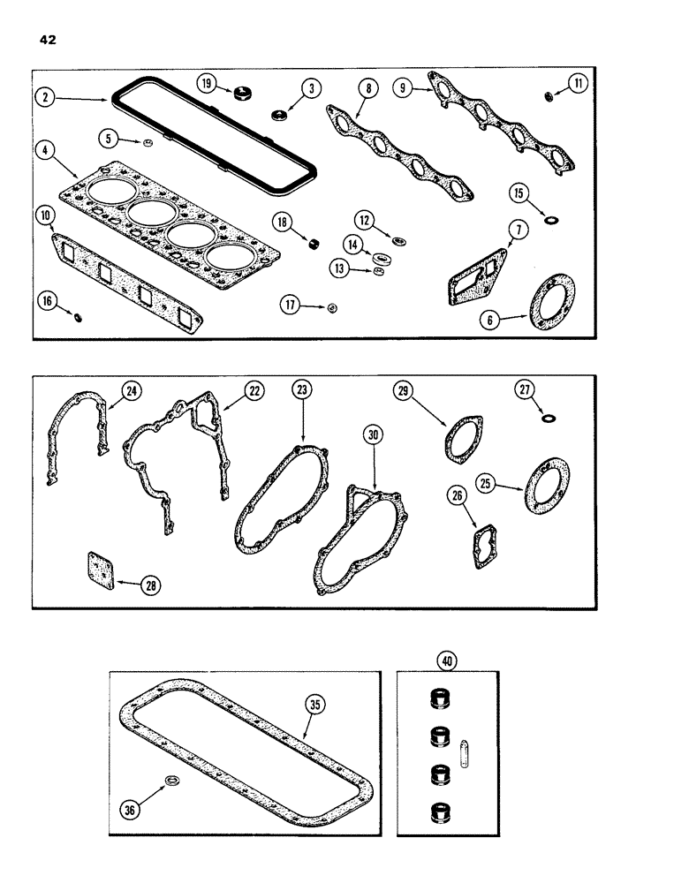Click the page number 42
[47, 39]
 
